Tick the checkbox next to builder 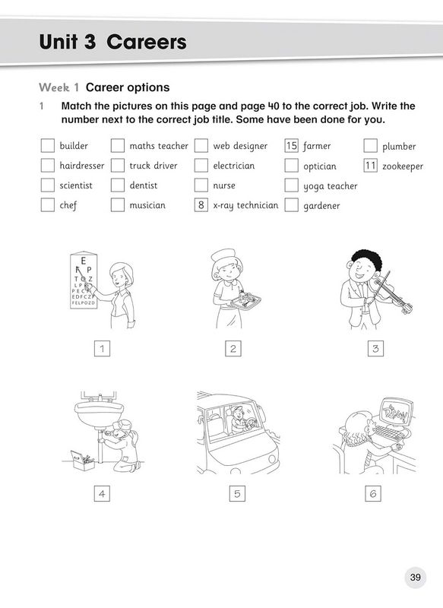(x=47, y=146)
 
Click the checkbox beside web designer (x=201, y=146)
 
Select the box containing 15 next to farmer (x=291, y=146)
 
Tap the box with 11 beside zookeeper (x=371, y=166)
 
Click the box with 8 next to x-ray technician (x=201, y=204)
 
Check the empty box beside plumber (x=371, y=146)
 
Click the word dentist (x=144, y=185)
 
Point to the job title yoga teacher (x=330, y=185)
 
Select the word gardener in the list (x=321, y=205)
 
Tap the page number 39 (x=415, y=578)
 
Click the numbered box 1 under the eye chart (x=101, y=349)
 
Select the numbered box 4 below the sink (x=101, y=494)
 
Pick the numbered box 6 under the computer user (x=372, y=494)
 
